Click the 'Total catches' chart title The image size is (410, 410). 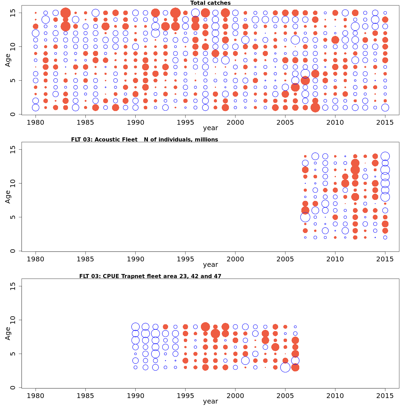pos(210,3)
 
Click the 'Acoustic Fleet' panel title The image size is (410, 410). pos(144,139)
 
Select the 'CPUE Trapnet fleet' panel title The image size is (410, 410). pos(150,276)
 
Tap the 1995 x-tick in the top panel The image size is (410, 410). pos(185,122)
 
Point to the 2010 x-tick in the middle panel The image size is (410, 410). pos(335,259)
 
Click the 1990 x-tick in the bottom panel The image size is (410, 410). pos(135,395)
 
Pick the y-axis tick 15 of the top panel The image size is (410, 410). pos(13,13)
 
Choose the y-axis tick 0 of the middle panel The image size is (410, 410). pos(13,251)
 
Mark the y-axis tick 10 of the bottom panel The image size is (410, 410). pos(13,320)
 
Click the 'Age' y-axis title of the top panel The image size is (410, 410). pos(8,60)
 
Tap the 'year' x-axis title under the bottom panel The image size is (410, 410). pos(210,401)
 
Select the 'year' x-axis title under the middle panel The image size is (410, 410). pos(210,264)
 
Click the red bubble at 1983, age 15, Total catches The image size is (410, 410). pos(66,13)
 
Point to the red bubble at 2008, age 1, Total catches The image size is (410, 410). pos(315,108)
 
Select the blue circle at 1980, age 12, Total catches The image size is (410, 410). pos(36,33)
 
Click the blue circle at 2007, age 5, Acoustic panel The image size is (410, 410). pos(305,217)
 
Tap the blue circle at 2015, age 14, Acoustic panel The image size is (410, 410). pos(385,156)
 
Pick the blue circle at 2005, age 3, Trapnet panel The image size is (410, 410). pos(285,367)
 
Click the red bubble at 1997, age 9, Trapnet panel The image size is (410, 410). pos(205,327)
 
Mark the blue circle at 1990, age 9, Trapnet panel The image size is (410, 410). pos(135,327)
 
